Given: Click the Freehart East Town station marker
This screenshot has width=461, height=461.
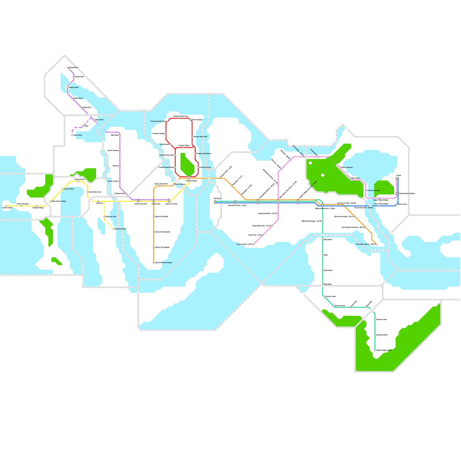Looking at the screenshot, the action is [x=192, y=137].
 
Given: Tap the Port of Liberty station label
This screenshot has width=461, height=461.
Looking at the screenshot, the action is [x=180, y=184].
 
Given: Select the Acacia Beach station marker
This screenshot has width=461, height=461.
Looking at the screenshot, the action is [x=63, y=189].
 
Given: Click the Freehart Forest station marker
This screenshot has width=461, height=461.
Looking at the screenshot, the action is [x=198, y=167].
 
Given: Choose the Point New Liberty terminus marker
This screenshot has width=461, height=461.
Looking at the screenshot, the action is [x=376, y=244].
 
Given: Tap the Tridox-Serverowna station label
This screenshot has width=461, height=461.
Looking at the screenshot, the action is [x=374, y=190].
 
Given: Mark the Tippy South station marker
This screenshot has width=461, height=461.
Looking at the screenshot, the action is [x=72, y=135].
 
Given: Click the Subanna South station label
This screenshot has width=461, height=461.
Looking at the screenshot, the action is [x=121, y=229].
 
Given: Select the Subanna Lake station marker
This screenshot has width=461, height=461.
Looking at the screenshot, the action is [x=104, y=217].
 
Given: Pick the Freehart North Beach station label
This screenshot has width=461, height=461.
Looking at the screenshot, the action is [x=158, y=121].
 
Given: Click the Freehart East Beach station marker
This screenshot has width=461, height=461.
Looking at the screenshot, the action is [x=195, y=154].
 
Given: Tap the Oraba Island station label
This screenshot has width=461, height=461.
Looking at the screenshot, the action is [x=74, y=88].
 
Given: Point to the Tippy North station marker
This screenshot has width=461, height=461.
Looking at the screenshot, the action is [x=94, y=120].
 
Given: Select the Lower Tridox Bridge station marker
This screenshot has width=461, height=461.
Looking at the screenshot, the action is [x=379, y=206].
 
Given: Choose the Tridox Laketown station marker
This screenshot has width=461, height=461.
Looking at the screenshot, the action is [x=340, y=167].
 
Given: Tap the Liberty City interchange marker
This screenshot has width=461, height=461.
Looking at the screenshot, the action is [x=154, y=201].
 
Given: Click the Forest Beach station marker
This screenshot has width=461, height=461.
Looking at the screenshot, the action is [x=318, y=157].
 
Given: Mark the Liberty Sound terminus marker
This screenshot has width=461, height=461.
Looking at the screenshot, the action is [x=254, y=244].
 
